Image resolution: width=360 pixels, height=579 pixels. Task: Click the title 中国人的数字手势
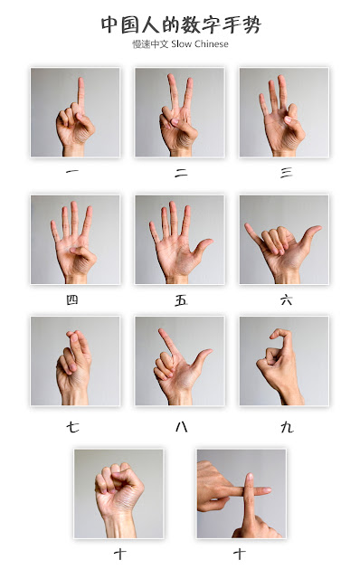[x=181, y=24]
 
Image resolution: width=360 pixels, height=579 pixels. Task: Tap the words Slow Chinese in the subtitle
[x=200, y=44]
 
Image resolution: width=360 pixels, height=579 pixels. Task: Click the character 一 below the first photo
[x=72, y=171]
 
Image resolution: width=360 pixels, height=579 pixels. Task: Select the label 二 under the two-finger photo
[x=181, y=173]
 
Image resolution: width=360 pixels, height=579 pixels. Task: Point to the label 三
[x=287, y=173]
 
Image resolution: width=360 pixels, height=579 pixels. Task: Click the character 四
[x=72, y=299]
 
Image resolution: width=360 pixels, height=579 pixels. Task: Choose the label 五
[x=181, y=300]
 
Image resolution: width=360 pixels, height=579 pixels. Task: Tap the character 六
[x=287, y=300]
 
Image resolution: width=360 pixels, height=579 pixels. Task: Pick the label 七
[x=72, y=427]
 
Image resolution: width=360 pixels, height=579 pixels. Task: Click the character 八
[x=181, y=427]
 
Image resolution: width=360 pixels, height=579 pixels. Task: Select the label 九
[x=287, y=427]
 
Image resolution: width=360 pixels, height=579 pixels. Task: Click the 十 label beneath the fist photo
[x=120, y=554]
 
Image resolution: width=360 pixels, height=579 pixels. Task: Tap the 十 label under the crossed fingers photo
[x=240, y=554]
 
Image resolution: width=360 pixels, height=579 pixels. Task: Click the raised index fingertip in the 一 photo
[x=81, y=81]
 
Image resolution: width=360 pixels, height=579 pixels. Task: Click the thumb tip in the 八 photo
[x=209, y=352]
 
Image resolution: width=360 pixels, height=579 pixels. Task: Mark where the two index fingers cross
[x=250, y=491]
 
